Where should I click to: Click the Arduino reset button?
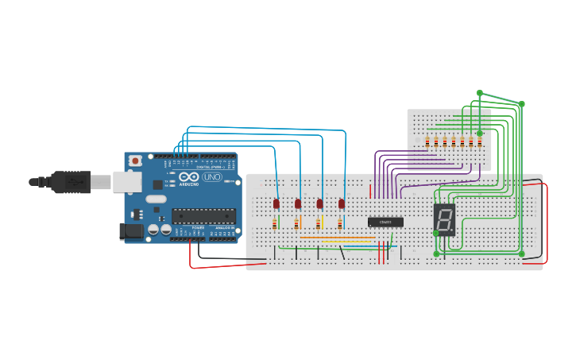[136, 161]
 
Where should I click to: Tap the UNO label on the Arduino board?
[212, 177]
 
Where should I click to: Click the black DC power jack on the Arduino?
[130, 231]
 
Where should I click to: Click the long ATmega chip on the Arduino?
[203, 215]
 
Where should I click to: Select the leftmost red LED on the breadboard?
[276, 204]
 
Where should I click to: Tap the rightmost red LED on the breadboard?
[342, 204]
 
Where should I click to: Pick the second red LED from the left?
[298, 204]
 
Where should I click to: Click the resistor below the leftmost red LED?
[275, 223]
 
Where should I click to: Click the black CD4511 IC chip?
[385, 222]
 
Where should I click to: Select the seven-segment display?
[444, 218]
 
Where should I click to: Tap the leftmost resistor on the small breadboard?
[427, 142]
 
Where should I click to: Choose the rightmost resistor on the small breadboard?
[480, 142]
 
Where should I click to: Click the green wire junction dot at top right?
[522, 103]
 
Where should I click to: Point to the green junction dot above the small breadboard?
[479, 93]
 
